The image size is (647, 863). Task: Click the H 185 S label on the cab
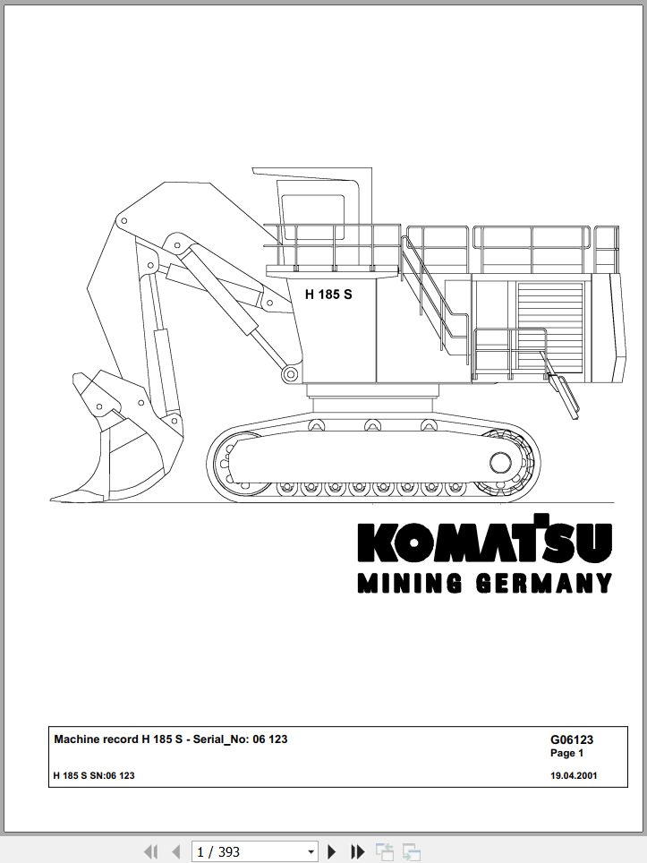point(328,295)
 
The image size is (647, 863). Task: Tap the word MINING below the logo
point(410,583)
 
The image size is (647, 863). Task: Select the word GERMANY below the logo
point(544,583)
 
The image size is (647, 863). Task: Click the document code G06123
point(572,739)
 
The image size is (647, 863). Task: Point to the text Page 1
point(566,753)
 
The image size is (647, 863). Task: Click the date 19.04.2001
point(574,775)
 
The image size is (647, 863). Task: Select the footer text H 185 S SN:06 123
point(94,775)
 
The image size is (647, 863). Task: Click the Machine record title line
point(171,739)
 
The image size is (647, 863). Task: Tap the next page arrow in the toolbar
point(332,852)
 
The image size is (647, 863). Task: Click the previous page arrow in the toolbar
point(176,852)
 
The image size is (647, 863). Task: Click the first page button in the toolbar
point(150,852)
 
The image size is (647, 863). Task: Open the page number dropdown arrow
point(311,852)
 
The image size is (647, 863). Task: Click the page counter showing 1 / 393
point(218,852)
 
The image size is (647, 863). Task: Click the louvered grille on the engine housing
point(549,324)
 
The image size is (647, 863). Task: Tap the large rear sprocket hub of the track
point(500,462)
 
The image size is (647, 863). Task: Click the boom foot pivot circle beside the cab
point(290,374)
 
